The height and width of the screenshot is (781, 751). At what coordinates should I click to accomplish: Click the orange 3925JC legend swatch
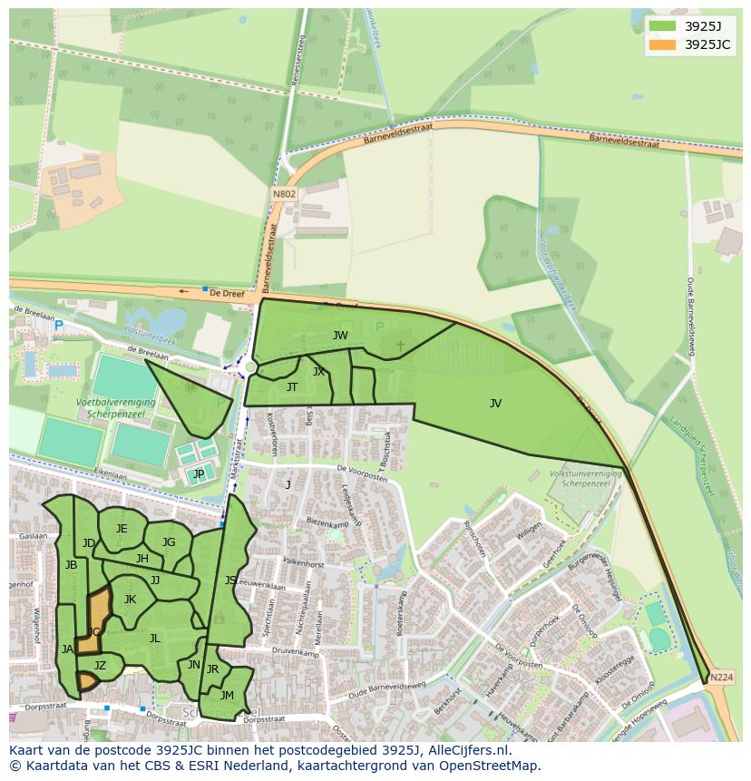pyautogui.click(x=663, y=44)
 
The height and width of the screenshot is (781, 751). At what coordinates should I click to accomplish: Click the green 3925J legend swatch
pyautogui.click(x=663, y=26)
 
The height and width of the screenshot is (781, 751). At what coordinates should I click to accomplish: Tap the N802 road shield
pyautogui.click(x=283, y=194)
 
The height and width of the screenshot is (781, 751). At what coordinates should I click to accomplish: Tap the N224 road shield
pyautogui.click(x=721, y=678)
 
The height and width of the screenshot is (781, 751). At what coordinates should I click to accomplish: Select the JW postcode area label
pyautogui.click(x=340, y=336)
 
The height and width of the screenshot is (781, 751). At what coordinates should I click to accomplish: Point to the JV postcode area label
pyautogui.click(x=495, y=404)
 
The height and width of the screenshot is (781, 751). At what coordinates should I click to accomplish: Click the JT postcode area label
pyautogui.click(x=292, y=387)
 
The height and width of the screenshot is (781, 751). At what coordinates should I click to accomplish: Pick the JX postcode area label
pyautogui.click(x=318, y=372)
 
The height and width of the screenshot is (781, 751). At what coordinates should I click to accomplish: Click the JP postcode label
pyautogui.click(x=199, y=473)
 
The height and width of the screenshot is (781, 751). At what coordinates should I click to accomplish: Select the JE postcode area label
pyautogui.click(x=122, y=529)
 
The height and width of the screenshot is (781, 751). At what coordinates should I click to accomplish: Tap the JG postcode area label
pyautogui.click(x=169, y=542)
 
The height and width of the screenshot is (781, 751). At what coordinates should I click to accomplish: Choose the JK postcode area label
pyautogui.click(x=130, y=599)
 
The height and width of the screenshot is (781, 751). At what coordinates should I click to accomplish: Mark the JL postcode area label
pyautogui.click(x=154, y=639)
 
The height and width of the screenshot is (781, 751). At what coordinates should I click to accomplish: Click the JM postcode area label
pyautogui.click(x=227, y=696)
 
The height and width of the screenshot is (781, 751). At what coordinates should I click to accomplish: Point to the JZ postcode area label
pyautogui.click(x=100, y=666)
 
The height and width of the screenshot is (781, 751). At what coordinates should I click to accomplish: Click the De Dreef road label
pyautogui.click(x=228, y=293)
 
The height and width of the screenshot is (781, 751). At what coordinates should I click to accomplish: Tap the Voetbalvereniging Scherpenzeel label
pyautogui.click(x=115, y=407)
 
